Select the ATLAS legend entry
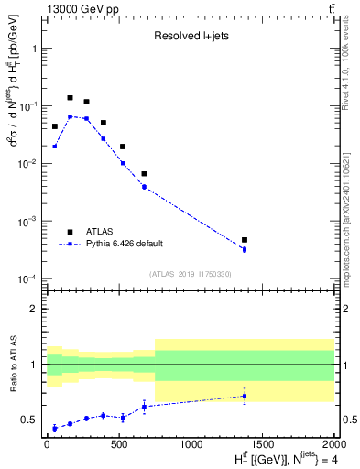(104, 232)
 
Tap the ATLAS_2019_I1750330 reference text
(190, 273)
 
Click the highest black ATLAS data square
(70, 97)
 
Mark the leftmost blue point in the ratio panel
(55, 428)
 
